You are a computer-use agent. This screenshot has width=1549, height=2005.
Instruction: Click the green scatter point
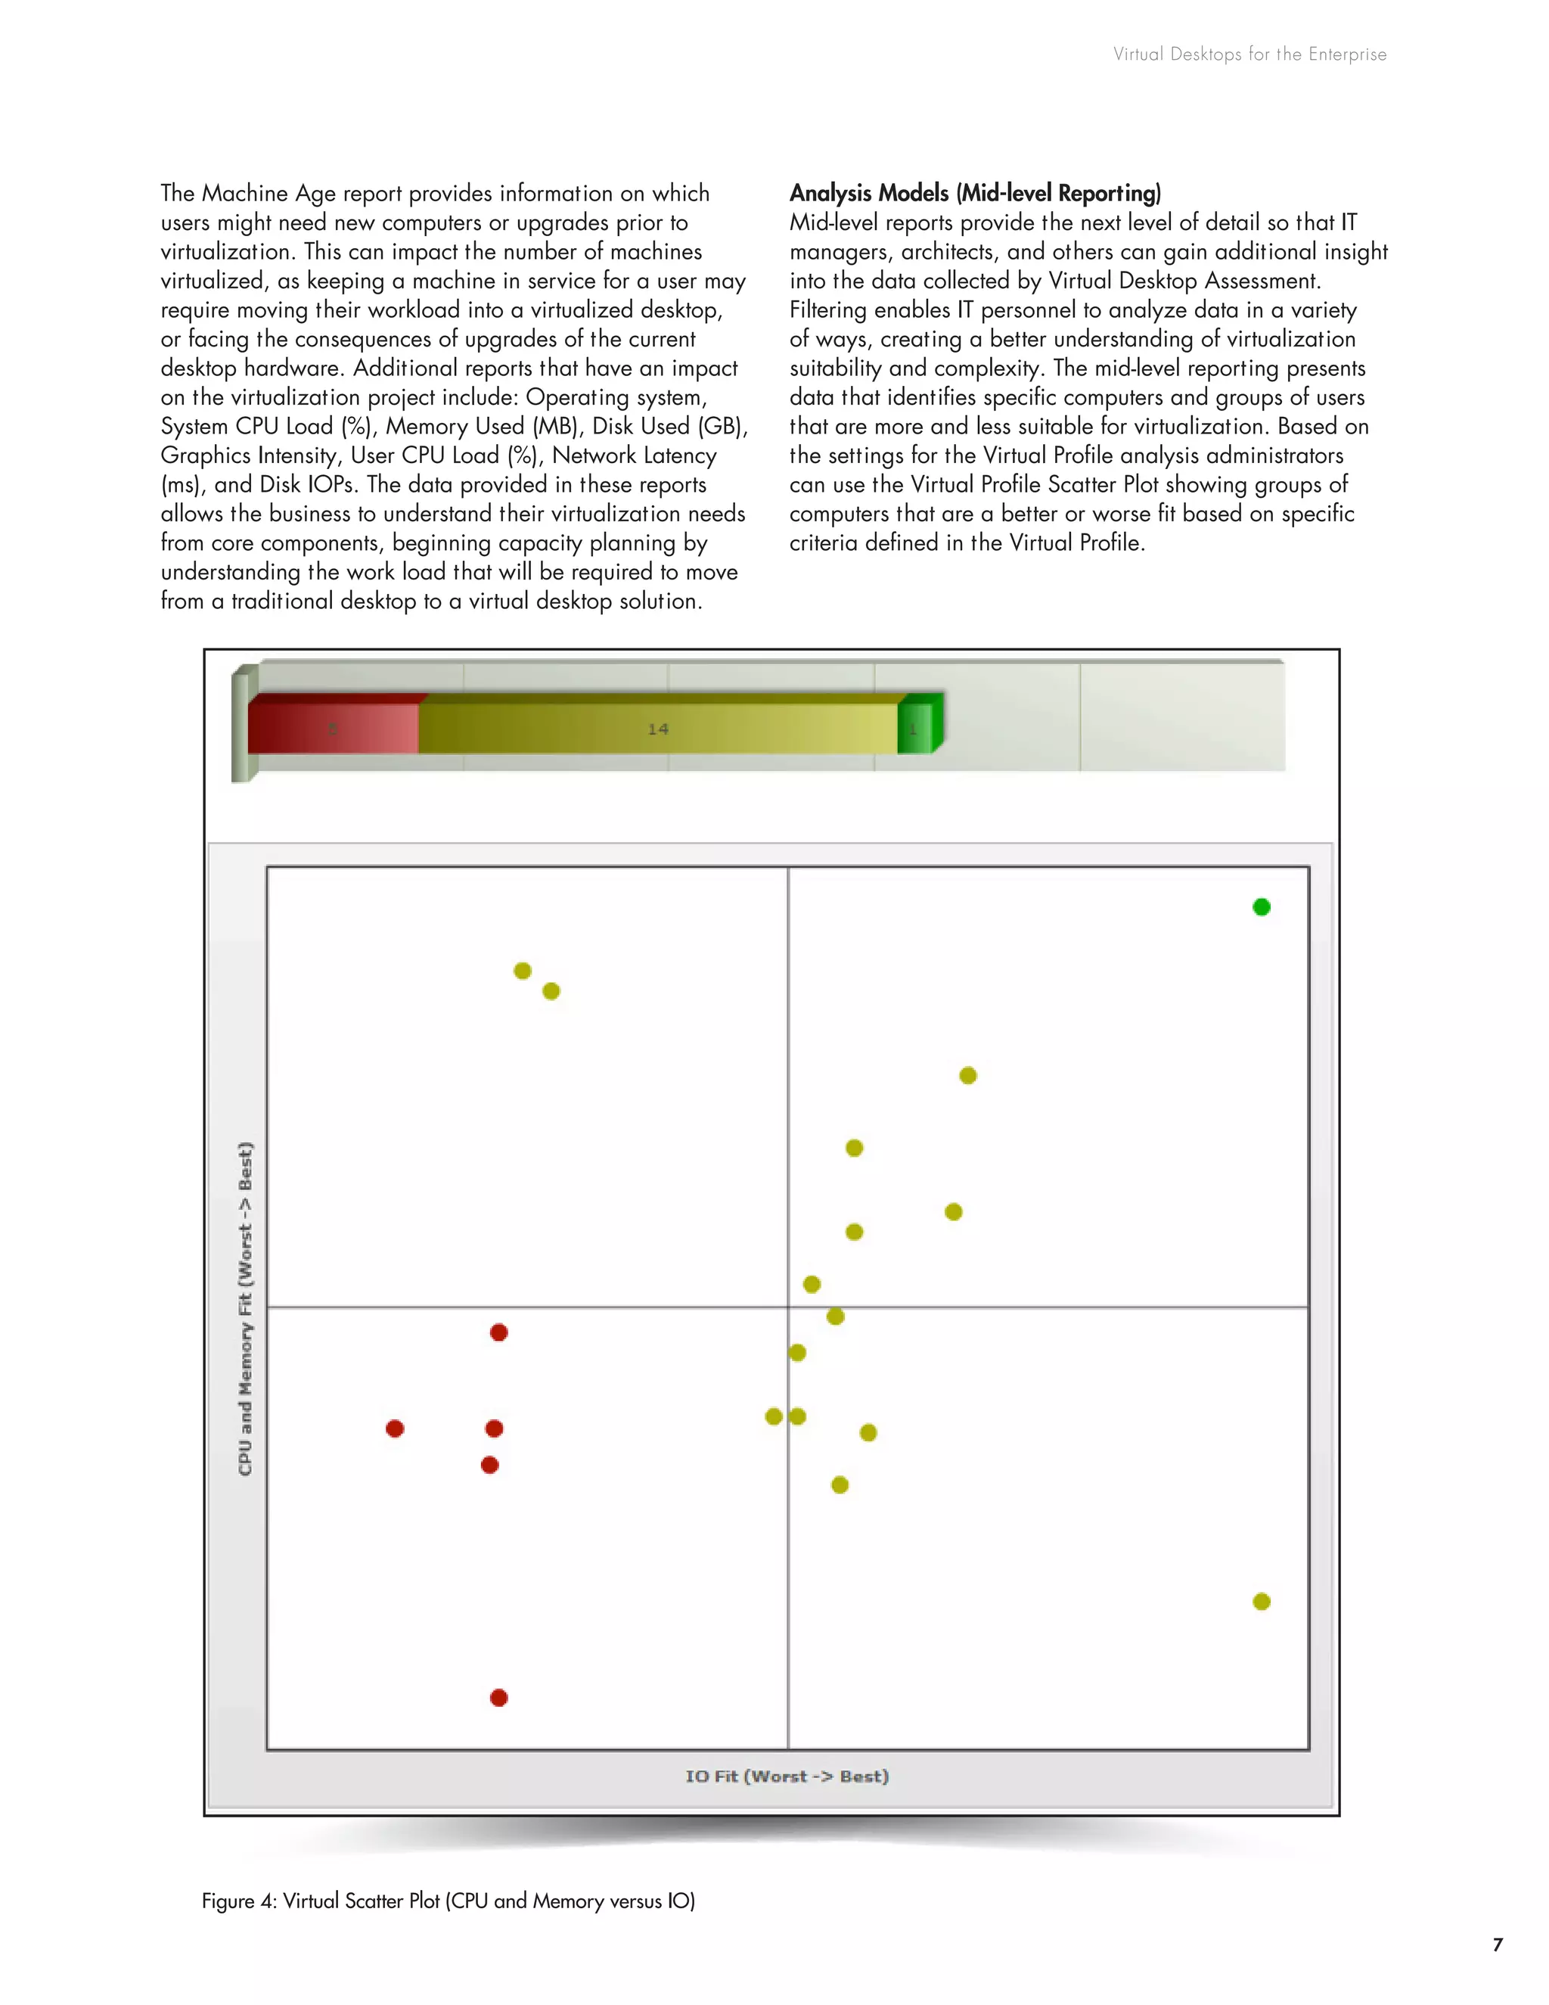point(1262,907)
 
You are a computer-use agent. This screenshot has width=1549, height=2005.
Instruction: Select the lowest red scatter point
point(499,1698)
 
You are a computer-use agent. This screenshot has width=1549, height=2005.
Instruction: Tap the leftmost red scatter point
point(395,1428)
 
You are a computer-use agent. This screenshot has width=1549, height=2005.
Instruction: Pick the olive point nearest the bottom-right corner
point(1262,1601)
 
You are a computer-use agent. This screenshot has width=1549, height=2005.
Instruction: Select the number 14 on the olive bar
point(658,729)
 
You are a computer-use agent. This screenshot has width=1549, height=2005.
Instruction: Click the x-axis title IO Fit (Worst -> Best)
point(787,1777)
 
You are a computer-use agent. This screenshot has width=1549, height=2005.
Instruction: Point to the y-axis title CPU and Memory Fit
point(245,1308)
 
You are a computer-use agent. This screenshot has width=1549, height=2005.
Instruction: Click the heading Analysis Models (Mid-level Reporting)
point(974,193)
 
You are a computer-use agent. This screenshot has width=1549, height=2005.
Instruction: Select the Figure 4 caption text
point(448,1901)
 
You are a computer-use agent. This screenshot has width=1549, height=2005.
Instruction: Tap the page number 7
point(1498,1944)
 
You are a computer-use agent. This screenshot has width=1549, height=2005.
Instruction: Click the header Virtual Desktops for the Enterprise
point(1249,54)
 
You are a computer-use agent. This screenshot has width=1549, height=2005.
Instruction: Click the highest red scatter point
point(499,1332)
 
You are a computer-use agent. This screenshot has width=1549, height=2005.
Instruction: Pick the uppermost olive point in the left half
point(522,971)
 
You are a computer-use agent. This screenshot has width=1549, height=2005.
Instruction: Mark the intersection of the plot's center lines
point(788,1307)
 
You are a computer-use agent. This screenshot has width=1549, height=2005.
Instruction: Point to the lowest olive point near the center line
point(840,1484)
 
